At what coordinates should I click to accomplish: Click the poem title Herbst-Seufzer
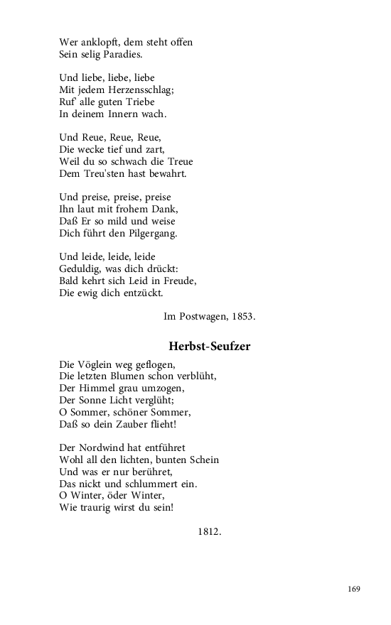(209, 347)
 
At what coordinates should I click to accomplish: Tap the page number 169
(354, 589)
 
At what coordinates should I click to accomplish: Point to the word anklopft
(107, 42)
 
